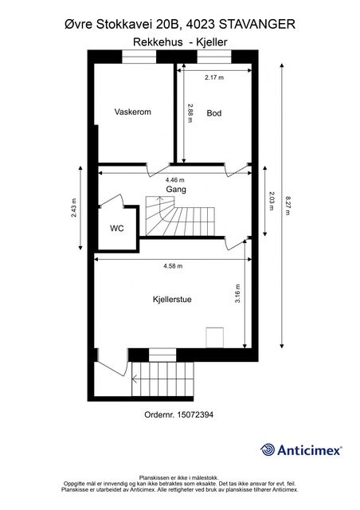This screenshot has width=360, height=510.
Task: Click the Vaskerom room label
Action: [x=133, y=112]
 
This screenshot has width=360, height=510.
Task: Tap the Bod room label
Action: [x=214, y=113]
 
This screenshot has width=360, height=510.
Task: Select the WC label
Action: [x=117, y=229]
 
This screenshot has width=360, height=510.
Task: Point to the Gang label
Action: [x=176, y=190]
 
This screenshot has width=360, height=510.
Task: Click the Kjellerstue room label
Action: [x=172, y=300]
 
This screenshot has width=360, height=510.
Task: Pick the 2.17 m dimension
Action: [x=214, y=77]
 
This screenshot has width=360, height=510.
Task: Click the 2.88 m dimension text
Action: [x=190, y=112]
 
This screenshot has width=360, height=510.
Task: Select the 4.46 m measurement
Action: [x=174, y=180]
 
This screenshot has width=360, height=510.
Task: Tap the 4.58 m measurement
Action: [x=173, y=266]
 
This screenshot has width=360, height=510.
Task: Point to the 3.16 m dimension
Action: [x=237, y=294]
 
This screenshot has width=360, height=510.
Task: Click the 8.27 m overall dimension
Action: [x=288, y=206]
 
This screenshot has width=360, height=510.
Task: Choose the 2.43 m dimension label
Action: [x=74, y=207]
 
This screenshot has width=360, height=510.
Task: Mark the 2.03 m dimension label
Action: [x=271, y=201]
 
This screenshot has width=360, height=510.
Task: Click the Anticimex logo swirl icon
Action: [x=268, y=449]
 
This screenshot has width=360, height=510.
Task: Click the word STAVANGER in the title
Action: [x=257, y=25]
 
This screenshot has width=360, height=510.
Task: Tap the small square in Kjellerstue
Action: [x=214, y=338]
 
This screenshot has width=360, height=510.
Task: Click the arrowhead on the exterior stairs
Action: [x=134, y=379]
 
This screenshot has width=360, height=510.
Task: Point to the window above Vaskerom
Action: [x=139, y=57]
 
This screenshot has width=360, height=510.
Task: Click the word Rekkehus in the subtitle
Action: [x=158, y=42]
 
